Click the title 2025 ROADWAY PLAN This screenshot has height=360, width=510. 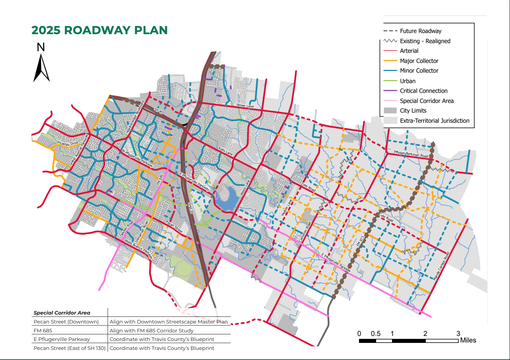coord(99,30)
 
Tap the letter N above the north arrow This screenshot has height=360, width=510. coord(41,47)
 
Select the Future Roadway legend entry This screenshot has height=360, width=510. coord(420,31)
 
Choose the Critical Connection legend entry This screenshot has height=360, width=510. coord(423,91)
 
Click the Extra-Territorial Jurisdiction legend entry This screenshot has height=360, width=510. coord(434,121)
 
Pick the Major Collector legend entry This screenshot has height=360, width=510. coord(419,61)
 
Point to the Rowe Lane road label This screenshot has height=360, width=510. coord(245,106)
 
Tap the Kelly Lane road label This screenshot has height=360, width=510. coord(226,151)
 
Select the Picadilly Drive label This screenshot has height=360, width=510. coord(68,144)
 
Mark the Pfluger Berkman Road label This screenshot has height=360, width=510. coord(411,154)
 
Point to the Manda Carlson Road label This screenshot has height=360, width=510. coord(441,266)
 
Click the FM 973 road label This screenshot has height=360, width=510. coord(361,241)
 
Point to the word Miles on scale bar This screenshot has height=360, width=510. coord(468,340)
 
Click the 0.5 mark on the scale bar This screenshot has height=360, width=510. coord(375,334)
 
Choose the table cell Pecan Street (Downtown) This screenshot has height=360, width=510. coord(66,322)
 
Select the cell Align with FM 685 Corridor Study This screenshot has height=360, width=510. coord(151,330)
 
